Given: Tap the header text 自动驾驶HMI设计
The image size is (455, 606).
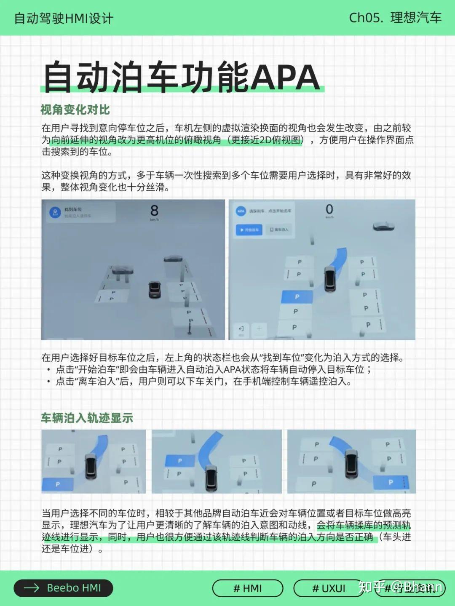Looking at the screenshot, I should pos(64,18).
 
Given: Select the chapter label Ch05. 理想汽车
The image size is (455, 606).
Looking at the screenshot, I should pos(395,18).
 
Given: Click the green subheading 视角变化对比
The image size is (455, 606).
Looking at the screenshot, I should pos(75,110).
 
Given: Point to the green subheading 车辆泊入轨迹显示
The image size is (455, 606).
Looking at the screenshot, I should pos(87,418).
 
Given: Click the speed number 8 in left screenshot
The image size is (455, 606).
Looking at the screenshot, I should pos(154,210).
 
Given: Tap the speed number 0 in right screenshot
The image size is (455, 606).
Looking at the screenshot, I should pos(329,209).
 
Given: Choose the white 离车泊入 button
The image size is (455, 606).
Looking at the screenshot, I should pos(279,230).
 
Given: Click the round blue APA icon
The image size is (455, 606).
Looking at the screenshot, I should pos(241,211).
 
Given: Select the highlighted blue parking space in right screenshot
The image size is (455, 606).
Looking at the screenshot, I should pos(297,296).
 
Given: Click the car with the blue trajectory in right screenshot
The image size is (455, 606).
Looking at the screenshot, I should pos(330,278).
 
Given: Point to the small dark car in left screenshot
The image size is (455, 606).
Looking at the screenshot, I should pos(155,290).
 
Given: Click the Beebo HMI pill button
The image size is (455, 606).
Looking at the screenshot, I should pos(63,588).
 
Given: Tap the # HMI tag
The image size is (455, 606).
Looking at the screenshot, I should pos(247,588).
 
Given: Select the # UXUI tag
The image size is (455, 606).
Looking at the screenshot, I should pos(329,588).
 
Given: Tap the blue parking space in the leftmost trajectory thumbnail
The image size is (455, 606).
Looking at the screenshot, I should pos(57,484).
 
